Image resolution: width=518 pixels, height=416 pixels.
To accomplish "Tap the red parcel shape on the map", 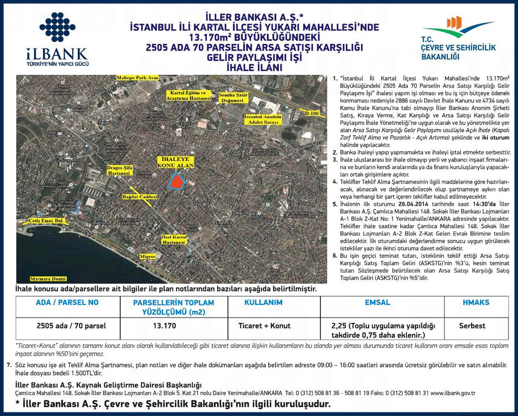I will (x=176, y=180).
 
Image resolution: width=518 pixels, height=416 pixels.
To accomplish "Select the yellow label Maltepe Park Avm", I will (x=137, y=78).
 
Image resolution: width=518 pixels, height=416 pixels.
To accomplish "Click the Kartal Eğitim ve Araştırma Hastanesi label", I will (x=185, y=96).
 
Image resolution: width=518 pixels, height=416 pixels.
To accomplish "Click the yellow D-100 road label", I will (x=312, y=113).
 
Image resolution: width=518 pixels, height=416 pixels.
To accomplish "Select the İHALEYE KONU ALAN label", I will (x=175, y=162).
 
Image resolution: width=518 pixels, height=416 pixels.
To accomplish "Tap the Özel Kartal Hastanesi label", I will (x=172, y=240).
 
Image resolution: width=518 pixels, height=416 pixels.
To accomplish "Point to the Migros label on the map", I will (x=148, y=257).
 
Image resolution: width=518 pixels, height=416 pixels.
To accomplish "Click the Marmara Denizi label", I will (x=48, y=279).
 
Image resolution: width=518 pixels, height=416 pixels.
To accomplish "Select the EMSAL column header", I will (x=378, y=303).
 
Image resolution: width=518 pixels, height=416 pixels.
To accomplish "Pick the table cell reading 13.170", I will (x=164, y=326).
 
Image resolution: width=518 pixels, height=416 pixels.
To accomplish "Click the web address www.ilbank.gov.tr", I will (x=452, y=393).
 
